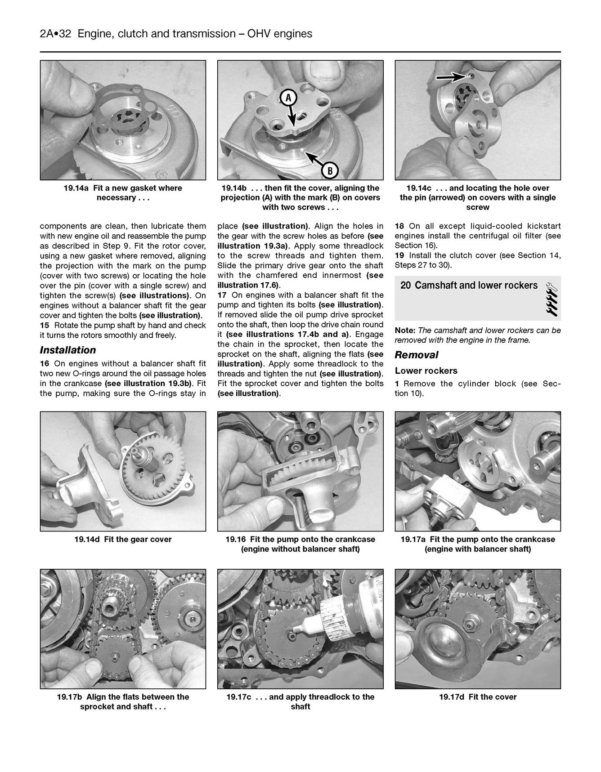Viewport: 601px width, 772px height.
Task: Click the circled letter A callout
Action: tap(289, 97)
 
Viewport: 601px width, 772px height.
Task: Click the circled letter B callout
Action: tap(330, 170)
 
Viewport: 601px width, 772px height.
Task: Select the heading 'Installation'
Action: tap(68, 350)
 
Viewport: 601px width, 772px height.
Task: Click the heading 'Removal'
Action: tap(416, 355)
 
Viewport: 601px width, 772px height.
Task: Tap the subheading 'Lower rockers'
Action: tap(426, 371)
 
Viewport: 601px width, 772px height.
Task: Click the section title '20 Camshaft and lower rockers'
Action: tap(469, 286)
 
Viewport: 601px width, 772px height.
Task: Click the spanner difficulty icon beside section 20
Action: tap(551, 298)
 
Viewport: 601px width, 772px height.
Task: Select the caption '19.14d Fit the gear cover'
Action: tap(123, 540)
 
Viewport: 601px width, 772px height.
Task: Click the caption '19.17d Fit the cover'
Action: tap(478, 697)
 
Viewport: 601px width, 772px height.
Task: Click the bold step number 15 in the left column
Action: tap(45, 326)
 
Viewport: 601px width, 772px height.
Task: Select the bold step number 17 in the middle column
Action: tap(222, 295)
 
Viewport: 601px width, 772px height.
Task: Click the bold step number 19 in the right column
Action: tap(399, 255)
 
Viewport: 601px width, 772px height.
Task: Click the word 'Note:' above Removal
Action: tap(405, 330)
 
